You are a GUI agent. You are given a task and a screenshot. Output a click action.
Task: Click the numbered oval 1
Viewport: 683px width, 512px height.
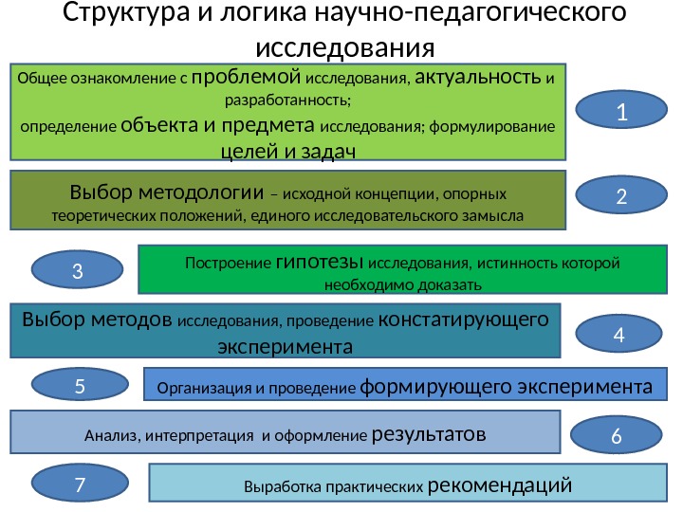click(621, 113)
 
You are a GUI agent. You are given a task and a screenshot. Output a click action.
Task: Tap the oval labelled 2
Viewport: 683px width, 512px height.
click(621, 196)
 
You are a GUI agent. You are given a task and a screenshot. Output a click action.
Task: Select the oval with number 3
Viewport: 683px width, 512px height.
click(79, 271)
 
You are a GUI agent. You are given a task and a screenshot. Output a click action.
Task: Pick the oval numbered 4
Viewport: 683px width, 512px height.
click(618, 334)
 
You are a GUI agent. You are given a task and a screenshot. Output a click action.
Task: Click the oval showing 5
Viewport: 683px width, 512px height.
click(80, 386)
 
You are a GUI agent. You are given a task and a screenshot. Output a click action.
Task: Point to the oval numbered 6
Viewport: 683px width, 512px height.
click(617, 436)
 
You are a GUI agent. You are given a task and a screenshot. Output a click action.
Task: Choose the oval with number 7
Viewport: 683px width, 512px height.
click(80, 485)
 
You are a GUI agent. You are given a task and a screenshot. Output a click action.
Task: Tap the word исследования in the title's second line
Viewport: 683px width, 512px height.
click(345, 47)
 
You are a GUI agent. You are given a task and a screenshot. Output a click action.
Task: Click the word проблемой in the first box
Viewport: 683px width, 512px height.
click(247, 77)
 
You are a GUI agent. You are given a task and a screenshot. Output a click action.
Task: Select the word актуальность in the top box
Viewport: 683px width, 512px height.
click(479, 77)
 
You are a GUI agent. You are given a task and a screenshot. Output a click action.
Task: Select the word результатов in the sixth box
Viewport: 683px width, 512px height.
click(430, 435)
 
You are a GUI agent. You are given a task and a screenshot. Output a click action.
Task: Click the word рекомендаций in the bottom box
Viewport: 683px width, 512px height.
click(501, 487)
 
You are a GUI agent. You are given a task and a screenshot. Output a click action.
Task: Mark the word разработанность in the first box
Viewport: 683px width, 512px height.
click(287, 100)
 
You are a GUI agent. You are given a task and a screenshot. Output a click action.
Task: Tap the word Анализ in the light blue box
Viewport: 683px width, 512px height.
click(109, 437)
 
